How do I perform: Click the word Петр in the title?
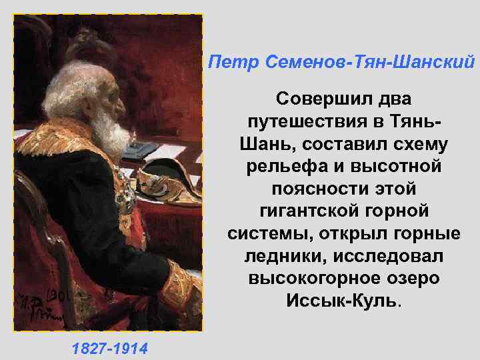click(x=227, y=62)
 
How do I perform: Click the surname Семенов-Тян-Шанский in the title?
click(x=364, y=62)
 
